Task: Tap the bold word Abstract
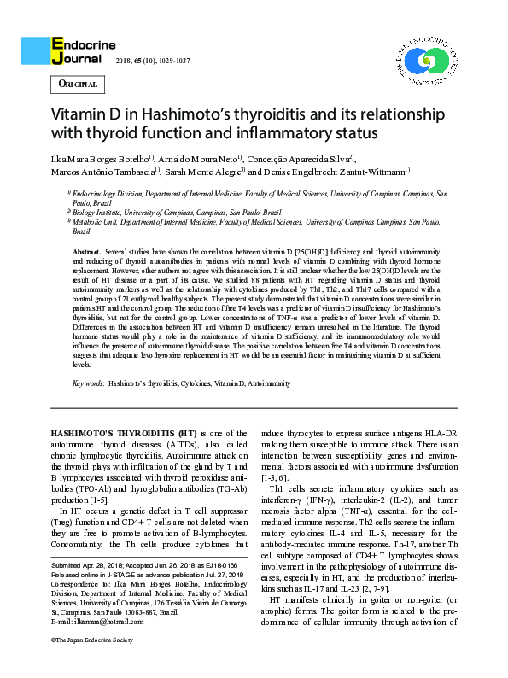(87, 254)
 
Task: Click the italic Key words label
(89, 384)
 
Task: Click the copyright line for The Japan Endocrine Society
(92, 663)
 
